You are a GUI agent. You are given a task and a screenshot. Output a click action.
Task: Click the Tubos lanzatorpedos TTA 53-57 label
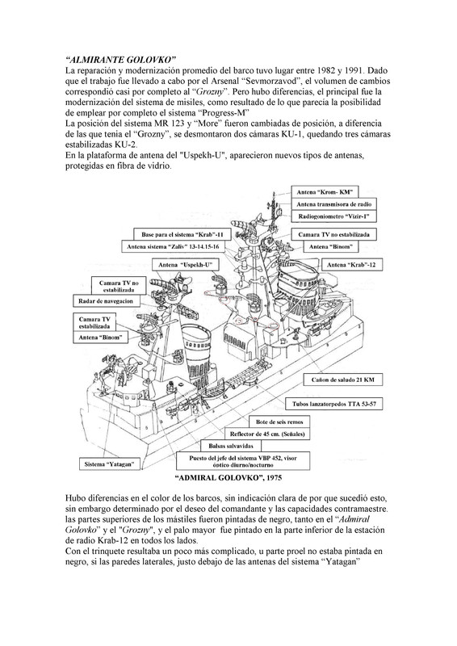[x=343, y=401]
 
